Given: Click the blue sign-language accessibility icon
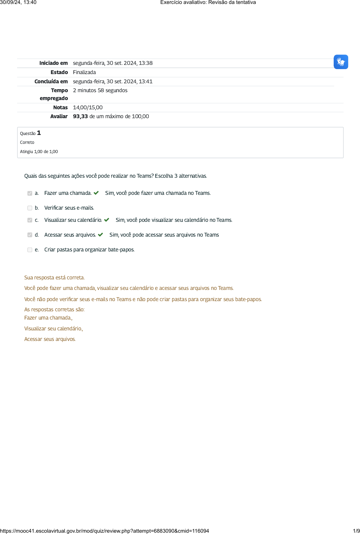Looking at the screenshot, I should point(341,62).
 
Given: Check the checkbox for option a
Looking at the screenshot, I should point(30,193).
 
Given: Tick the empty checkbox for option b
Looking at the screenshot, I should point(30,208).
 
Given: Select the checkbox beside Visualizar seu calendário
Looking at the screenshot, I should point(30,220).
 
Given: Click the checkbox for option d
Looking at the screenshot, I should point(30,235).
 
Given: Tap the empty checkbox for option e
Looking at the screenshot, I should point(30,250).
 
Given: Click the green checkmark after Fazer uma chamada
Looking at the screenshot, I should point(96,193).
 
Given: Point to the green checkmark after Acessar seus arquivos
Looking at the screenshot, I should point(100,235).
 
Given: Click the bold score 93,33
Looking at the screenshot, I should point(80,116).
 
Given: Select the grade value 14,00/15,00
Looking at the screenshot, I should point(88,108).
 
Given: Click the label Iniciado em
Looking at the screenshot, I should point(53,63).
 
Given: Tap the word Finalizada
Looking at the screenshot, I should point(84,72).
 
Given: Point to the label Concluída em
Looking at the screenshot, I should point(51,82).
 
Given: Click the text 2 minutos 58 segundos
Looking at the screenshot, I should point(100,90).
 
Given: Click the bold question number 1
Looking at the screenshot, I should point(39,133).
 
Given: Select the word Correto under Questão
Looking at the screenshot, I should point(27,142).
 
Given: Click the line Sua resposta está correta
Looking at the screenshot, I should point(54,278).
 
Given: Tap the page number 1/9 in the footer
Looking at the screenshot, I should point(356,531).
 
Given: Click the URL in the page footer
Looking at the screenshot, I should point(104,531).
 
